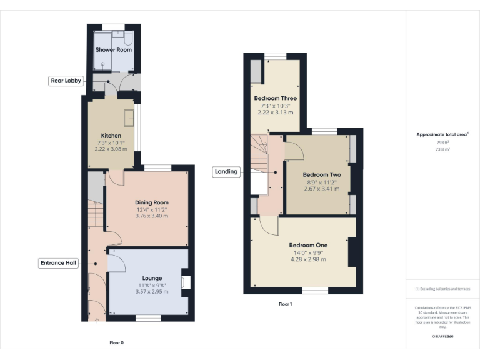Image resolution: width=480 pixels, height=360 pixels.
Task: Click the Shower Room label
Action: (113, 49)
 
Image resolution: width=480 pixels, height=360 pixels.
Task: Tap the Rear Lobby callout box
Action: (65, 81)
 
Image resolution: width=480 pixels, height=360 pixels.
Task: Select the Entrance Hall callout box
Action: (59, 263)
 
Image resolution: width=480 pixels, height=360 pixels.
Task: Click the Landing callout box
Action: (226, 171)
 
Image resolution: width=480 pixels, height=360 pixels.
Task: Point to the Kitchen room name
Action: (111, 136)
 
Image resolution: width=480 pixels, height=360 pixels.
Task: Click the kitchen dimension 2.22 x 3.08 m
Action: (111, 149)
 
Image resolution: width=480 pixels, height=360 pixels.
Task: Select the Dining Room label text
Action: (152, 202)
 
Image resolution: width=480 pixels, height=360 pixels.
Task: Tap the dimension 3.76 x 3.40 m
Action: (152, 216)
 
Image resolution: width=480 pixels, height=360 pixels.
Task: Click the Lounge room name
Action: (152, 278)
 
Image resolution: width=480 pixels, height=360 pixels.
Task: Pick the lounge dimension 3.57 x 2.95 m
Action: (152, 291)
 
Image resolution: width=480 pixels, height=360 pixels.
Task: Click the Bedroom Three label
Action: (275, 98)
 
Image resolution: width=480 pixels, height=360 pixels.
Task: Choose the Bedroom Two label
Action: (321, 174)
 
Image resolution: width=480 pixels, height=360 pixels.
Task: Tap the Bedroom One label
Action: (308, 245)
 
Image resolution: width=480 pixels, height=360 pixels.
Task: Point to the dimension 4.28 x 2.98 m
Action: (308, 259)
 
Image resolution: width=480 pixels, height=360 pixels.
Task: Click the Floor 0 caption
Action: (117, 342)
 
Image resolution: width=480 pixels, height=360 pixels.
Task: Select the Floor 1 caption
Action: (285, 304)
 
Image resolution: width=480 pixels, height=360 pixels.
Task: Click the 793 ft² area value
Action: (442, 142)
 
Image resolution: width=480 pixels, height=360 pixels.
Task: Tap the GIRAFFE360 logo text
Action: (442, 336)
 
